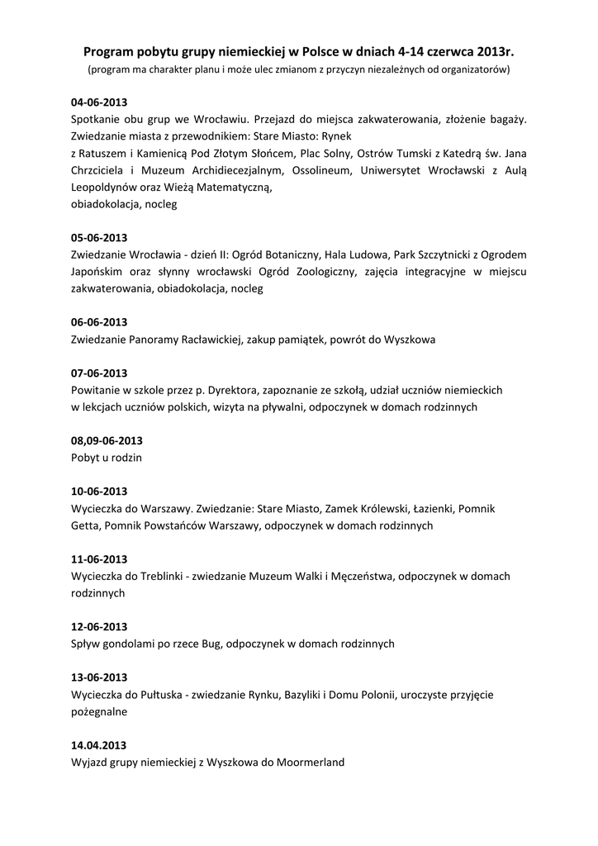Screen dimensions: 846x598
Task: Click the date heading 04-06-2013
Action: (x=99, y=102)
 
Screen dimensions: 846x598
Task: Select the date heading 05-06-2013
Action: (x=99, y=237)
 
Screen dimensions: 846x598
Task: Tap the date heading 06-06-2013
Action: (x=99, y=322)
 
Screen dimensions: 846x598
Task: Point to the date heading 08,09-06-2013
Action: (x=107, y=440)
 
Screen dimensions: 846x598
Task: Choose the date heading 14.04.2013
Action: (x=99, y=745)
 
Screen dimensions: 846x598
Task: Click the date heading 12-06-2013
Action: (x=99, y=626)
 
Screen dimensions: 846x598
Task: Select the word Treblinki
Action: (x=160, y=576)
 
